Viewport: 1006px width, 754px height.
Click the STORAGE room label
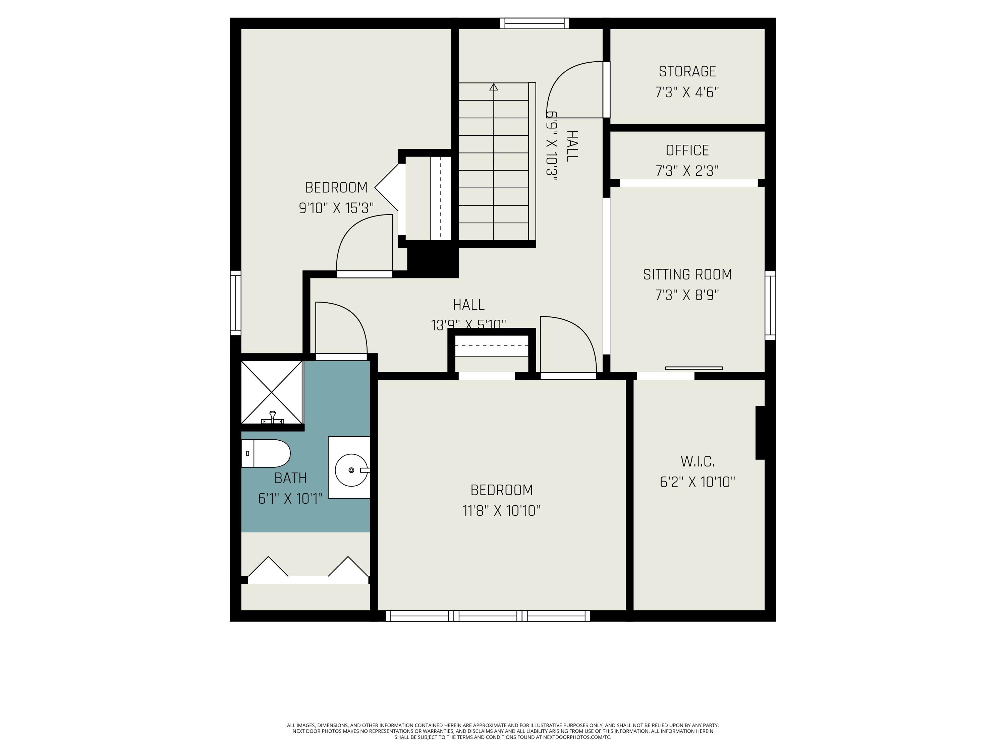(687, 71)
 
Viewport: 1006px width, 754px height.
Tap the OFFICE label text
(687, 150)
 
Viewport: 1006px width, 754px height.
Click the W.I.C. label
(697, 462)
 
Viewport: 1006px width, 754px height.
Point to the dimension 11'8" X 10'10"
(501, 511)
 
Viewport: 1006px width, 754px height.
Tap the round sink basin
(351, 470)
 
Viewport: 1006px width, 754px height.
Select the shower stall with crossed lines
(272, 392)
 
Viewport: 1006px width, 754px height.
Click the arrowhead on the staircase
(494, 87)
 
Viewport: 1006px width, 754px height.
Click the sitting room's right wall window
(770, 305)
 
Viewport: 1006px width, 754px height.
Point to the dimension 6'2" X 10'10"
(697, 482)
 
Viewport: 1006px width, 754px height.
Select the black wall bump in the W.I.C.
(760, 433)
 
